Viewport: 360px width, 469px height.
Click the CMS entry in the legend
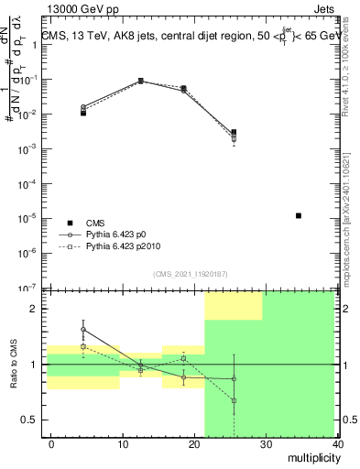(x=95, y=223)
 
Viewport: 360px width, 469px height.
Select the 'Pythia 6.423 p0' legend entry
(x=122, y=234)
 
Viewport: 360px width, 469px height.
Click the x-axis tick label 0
(x=51, y=443)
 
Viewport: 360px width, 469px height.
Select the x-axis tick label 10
(x=122, y=443)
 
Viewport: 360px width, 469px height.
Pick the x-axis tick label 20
(x=193, y=443)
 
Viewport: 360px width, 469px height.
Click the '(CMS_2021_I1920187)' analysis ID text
(x=190, y=273)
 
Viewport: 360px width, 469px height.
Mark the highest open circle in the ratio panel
(x=83, y=330)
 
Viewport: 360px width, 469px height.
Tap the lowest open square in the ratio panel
(x=234, y=400)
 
